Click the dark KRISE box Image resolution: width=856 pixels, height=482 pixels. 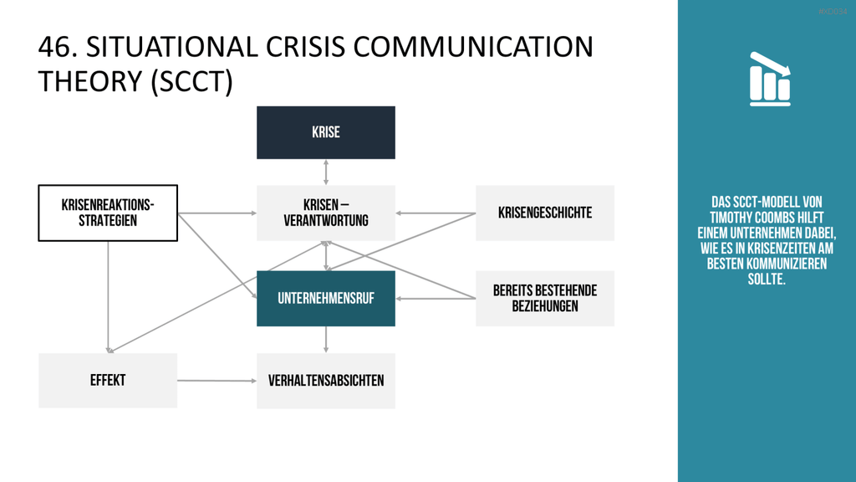pyautogui.click(x=326, y=133)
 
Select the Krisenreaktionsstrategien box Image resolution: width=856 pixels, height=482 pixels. pyautogui.click(x=108, y=213)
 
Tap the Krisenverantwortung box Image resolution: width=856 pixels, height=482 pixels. pyautogui.click(x=326, y=213)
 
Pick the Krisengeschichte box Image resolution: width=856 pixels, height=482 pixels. pyautogui.click(x=545, y=213)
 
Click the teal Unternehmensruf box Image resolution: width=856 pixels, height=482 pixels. pyautogui.click(x=326, y=299)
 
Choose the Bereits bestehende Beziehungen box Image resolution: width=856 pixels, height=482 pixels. pyautogui.click(x=545, y=299)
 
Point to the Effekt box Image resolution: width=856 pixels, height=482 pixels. pyautogui.click(x=108, y=381)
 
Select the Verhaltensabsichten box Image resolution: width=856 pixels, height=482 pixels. pyautogui.click(x=326, y=381)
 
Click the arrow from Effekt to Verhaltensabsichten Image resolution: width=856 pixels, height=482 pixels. pyautogui.click(x=217, y=381)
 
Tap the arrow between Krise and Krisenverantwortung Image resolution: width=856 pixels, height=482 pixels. pyautogui.click(x=326, y=172)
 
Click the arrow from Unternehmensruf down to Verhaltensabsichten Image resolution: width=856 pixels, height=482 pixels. pyautogui.click(x=326, y=340)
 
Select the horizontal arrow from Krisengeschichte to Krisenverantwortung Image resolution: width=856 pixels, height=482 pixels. pyautogui.click(x=436, y=213)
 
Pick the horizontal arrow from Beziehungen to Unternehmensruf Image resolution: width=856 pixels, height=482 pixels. pyautogui.click(x=436, y=299)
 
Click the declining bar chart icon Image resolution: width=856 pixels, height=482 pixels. pyautogui.click(x=770, y=79)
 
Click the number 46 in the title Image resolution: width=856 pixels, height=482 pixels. pyautogui.click(x=55, y=47)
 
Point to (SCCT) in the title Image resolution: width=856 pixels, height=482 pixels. pyautogui.click(x=191, y=82)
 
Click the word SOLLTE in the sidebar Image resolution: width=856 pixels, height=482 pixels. pyautogui.click(x=767, y=279)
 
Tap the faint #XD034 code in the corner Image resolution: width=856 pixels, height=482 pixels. pyautogui.click(x=833, y=12)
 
